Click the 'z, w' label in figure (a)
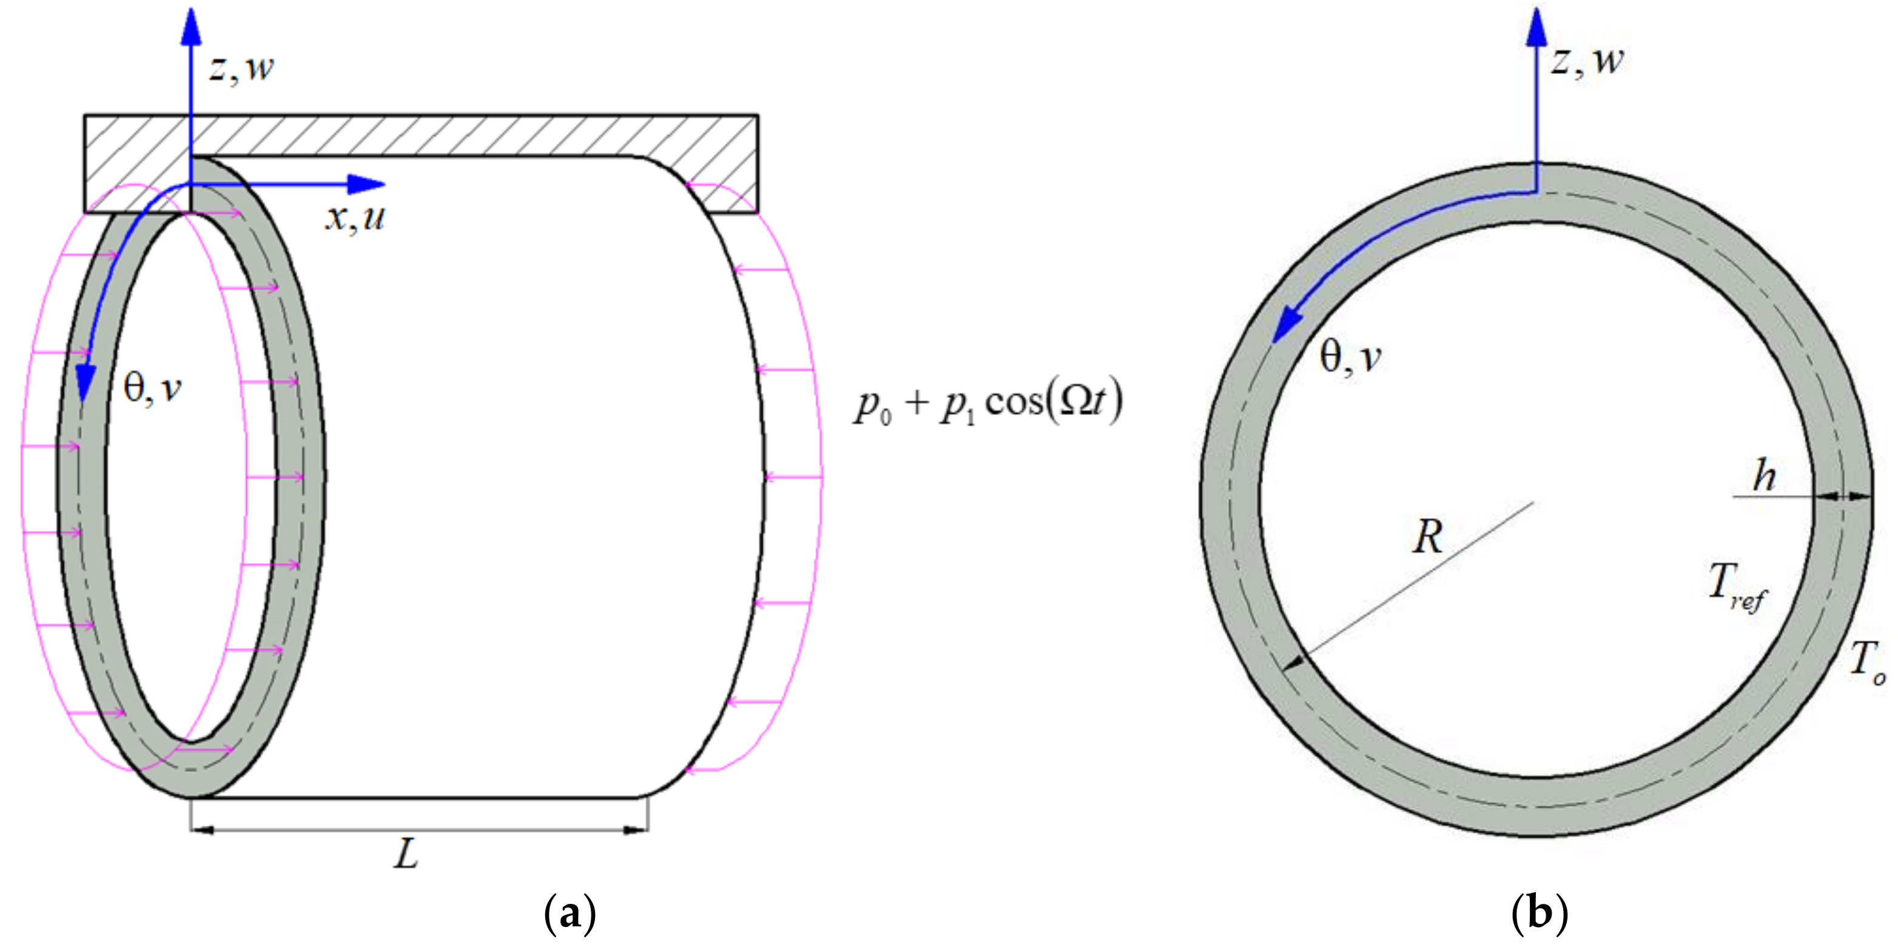coord(241,68)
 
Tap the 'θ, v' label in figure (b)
coord(1350,358)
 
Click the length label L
coord(406,855)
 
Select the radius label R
coord(1427,536)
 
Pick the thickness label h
coord(1764,476)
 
